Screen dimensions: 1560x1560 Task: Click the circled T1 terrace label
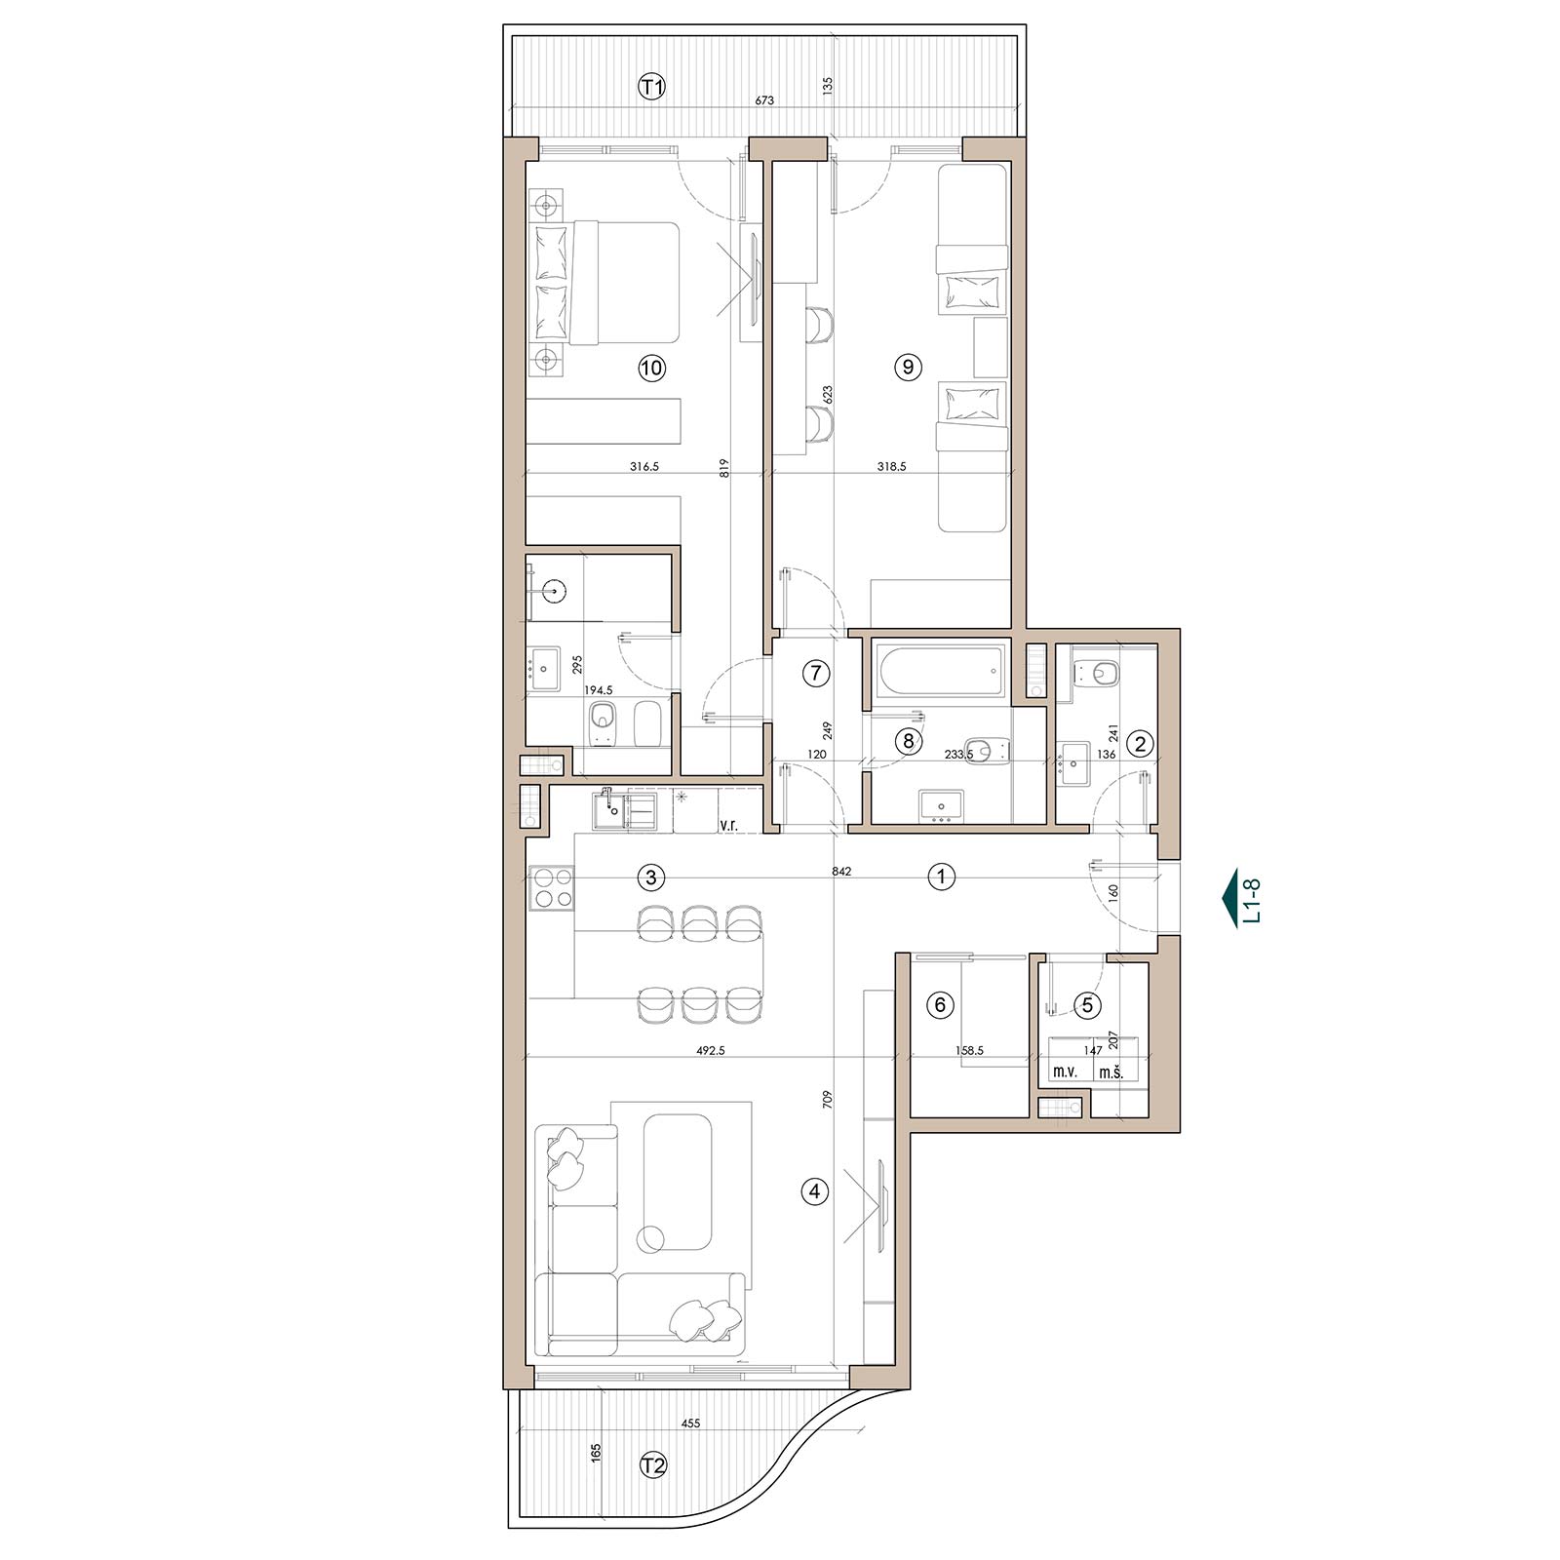tap(651, 87)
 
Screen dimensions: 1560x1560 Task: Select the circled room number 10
tap(651, 368)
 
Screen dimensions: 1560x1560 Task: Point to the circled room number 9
tap(908, 367)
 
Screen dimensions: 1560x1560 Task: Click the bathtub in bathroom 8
tap(940, 668)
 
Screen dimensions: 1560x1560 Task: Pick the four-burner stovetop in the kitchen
tap(551, 888)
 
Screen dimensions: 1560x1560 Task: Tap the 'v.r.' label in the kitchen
tap(728, 825)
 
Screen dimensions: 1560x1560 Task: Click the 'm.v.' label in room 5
tap(1062, 1072)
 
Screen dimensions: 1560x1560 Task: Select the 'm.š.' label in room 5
tap(1111, 1072)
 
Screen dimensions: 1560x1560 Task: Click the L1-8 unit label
tap(1254, 900)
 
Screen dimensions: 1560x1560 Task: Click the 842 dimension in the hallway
tap(842, 871)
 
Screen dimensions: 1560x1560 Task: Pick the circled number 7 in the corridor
tap(816, 672)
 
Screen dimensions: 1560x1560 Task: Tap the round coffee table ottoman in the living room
tap(649, 1238)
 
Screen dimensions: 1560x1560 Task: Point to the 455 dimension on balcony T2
tap(690, 1423)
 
